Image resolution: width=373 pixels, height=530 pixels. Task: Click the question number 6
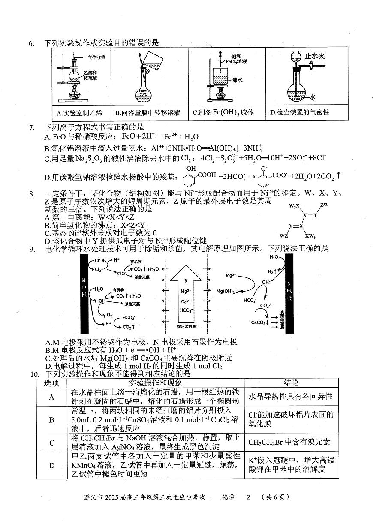click(x=31, y=43)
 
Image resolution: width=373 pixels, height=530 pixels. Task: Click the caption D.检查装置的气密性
click(x=300, y=112)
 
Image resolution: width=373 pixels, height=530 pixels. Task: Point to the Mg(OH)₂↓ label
click(x=228, y=291)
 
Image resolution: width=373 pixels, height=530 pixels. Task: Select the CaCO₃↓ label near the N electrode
click(x=260, y=322)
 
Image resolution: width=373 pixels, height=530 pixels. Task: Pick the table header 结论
click(x=291, y=383)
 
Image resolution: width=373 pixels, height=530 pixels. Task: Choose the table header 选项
click(x=52, y=383)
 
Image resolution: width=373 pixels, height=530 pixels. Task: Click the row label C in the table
click(x=52, y=443)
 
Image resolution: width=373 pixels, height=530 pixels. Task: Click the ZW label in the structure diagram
click(x=324, y=205)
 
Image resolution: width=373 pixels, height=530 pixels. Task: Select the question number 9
click(x=31, y=248)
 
